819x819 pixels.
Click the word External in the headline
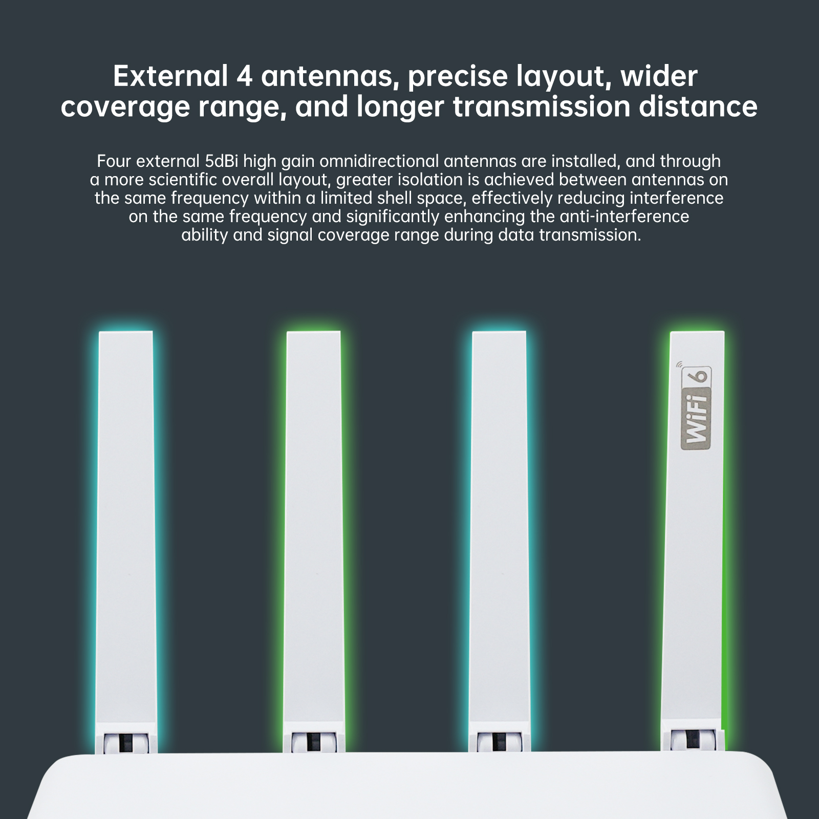[170, 76]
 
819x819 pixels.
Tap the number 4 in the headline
[245, 76]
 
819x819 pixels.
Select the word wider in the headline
[659, 76]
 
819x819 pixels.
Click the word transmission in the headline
[541, 106]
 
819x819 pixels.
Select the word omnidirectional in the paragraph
[379, 161]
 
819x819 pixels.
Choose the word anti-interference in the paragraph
[624, 217]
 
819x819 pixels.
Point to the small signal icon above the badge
[680, 365]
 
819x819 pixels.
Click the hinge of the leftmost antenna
[125, 742]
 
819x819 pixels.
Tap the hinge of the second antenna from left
[313, 742]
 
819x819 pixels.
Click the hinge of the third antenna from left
[499, 742]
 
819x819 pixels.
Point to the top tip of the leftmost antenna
[125, 332]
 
